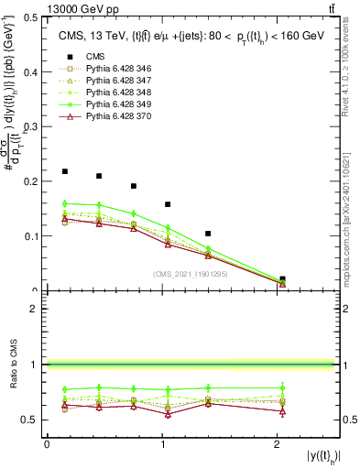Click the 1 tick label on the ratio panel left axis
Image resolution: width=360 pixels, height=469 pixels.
[x=34, y=365]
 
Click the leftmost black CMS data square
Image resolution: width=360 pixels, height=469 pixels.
[x=65, y=171]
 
